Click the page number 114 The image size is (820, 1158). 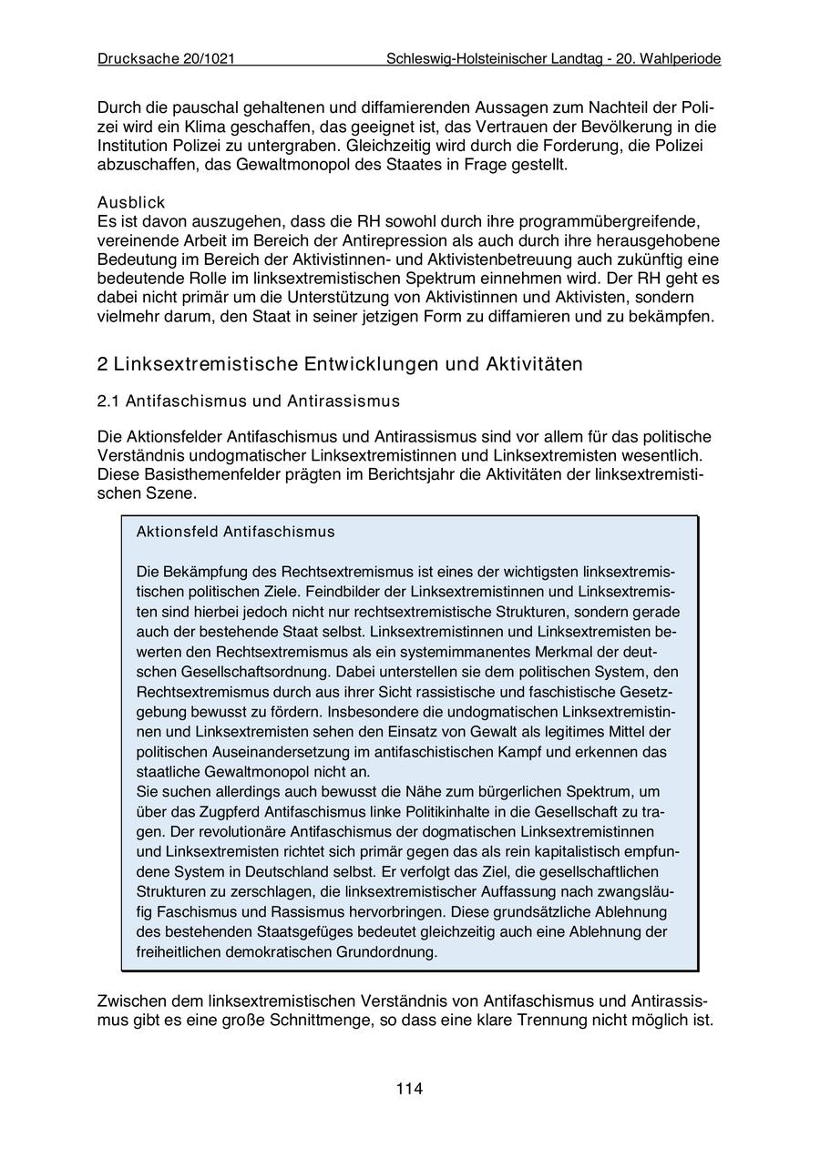click(x=409, y=1089)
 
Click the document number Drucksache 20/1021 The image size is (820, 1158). click(x=166, y=58)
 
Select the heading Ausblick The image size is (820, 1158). click(x=131, y=202)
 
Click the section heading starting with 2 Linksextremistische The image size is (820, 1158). click(x=339, y=364)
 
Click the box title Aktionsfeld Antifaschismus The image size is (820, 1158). click(x=235, y=532)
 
